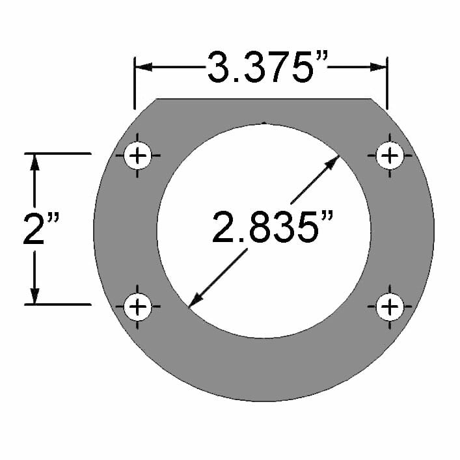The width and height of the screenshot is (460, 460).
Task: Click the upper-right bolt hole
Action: pyautogui.click(x=390, y=156)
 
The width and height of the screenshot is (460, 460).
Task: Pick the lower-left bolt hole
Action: pyautogui.click(x=137, y=306)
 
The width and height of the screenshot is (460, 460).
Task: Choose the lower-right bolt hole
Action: pyautogui.click(x=390, y=306)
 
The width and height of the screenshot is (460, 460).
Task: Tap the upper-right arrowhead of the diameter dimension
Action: pyautogui.click(x=332, y=161)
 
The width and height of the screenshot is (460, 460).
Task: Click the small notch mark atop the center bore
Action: pyautogui.click(x=264, y=122)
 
